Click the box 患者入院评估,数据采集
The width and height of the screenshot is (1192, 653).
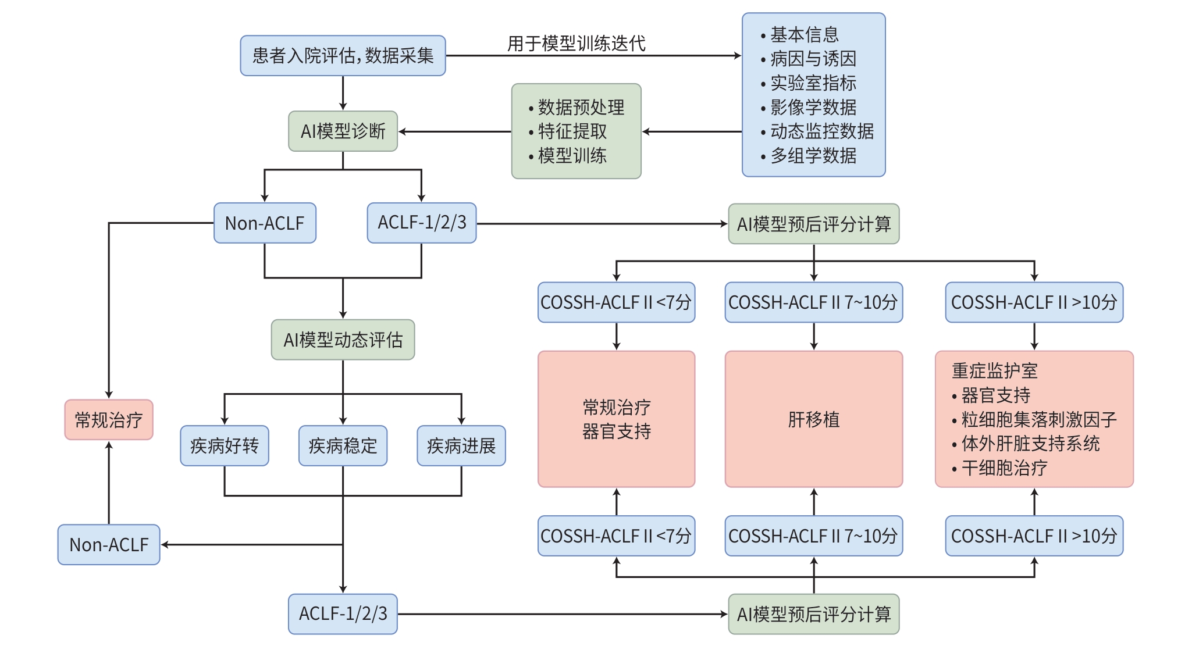343,56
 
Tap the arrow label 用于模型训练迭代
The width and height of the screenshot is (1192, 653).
576,43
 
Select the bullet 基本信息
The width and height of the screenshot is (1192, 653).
804,35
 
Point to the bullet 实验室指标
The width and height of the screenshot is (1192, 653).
813,83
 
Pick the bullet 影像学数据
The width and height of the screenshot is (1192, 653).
813,108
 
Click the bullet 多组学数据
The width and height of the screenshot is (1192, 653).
813,156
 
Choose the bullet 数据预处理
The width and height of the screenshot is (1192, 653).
581,108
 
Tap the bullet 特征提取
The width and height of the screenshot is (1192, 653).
572,131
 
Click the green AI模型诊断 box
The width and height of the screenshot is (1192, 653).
343,131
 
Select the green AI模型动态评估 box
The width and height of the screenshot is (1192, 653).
343,340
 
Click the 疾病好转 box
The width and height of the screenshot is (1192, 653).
224,446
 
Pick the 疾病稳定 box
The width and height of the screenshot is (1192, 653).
343,446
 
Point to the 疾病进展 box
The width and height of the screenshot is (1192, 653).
461,446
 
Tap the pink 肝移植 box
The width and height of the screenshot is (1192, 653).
813,419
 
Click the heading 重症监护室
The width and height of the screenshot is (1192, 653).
994,371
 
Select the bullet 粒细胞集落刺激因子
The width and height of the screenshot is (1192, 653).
1038,419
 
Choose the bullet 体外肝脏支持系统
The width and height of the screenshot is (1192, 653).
1030,444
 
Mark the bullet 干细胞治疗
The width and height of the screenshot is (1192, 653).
1004,468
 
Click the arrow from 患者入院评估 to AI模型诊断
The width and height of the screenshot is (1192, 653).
343,93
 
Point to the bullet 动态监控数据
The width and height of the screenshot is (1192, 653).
821,131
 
